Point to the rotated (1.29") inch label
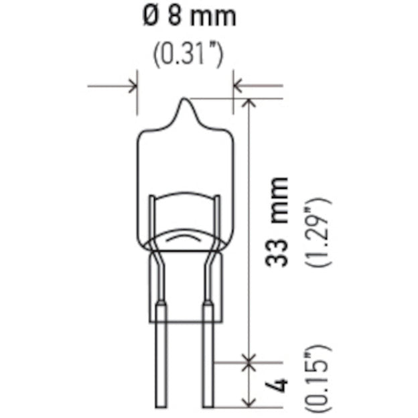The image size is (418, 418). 318,232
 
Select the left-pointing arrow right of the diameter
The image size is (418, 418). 239,86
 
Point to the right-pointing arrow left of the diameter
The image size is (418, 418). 131,86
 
